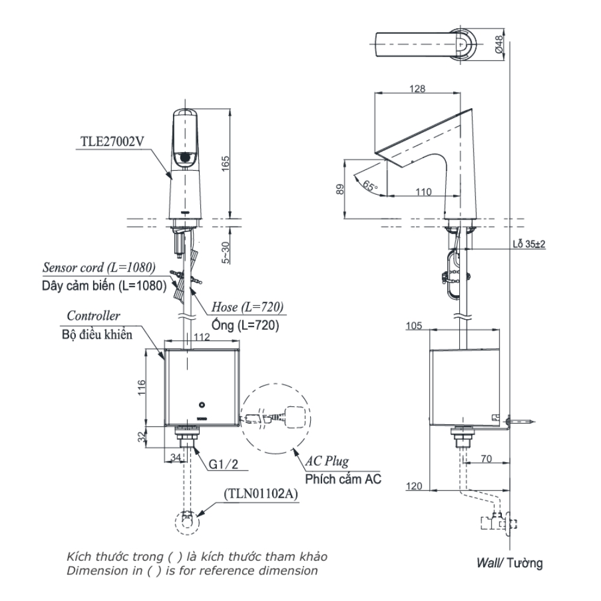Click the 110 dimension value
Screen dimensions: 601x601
pyautogui.click(x=424, y=191)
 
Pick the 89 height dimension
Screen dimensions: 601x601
pyautogui.click(x=340, y=189)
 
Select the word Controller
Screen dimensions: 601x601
pyautogui.click(x=93, y=316)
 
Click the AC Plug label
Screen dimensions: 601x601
pyautogui.click(x=327, y=462)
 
